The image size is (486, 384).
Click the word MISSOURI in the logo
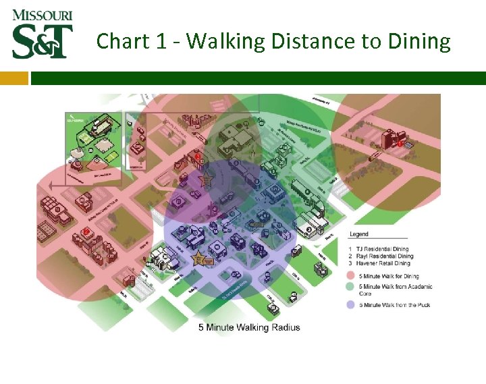pos(42,15)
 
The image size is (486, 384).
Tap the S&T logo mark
pos(42,41)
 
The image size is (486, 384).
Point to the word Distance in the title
pos(315,41)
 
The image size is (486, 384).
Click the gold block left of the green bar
pos(14,78)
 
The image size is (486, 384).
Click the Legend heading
pos(359,234)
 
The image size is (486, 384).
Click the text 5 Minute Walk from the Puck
pos(397,304)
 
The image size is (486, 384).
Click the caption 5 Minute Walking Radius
pos(249,327)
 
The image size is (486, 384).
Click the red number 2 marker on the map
pos(86,231)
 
